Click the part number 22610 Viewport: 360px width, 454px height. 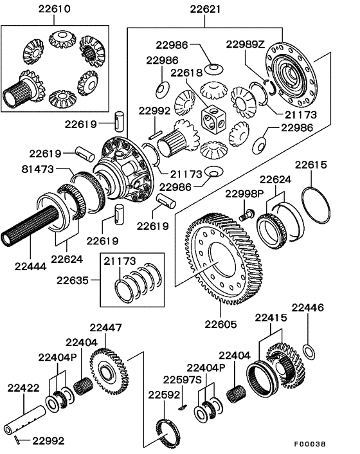point(37,10)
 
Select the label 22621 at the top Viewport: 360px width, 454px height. point(206,10)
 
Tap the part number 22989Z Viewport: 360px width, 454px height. point(246,44)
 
